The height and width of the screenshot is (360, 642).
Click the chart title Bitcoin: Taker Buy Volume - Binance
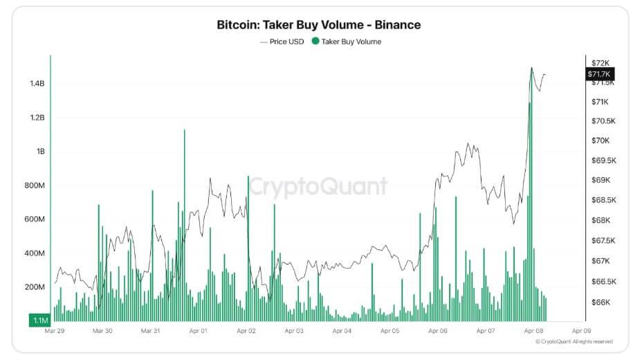(319, 25)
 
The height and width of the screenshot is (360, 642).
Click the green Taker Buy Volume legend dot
(315, 42)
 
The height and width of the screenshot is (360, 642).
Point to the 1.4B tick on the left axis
(37, 84)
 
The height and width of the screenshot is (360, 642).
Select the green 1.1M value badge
(38, 320)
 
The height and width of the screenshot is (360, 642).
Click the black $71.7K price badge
(599, 74)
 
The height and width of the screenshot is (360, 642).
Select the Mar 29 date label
(55, 331)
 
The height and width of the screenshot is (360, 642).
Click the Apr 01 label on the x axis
(198, 331)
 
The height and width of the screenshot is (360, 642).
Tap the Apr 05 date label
(390, 331)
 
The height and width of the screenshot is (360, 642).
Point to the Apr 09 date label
(581, 331)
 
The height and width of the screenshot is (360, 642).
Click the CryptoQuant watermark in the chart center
(318, 186)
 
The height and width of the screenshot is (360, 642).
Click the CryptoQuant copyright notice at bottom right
(574, 341)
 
